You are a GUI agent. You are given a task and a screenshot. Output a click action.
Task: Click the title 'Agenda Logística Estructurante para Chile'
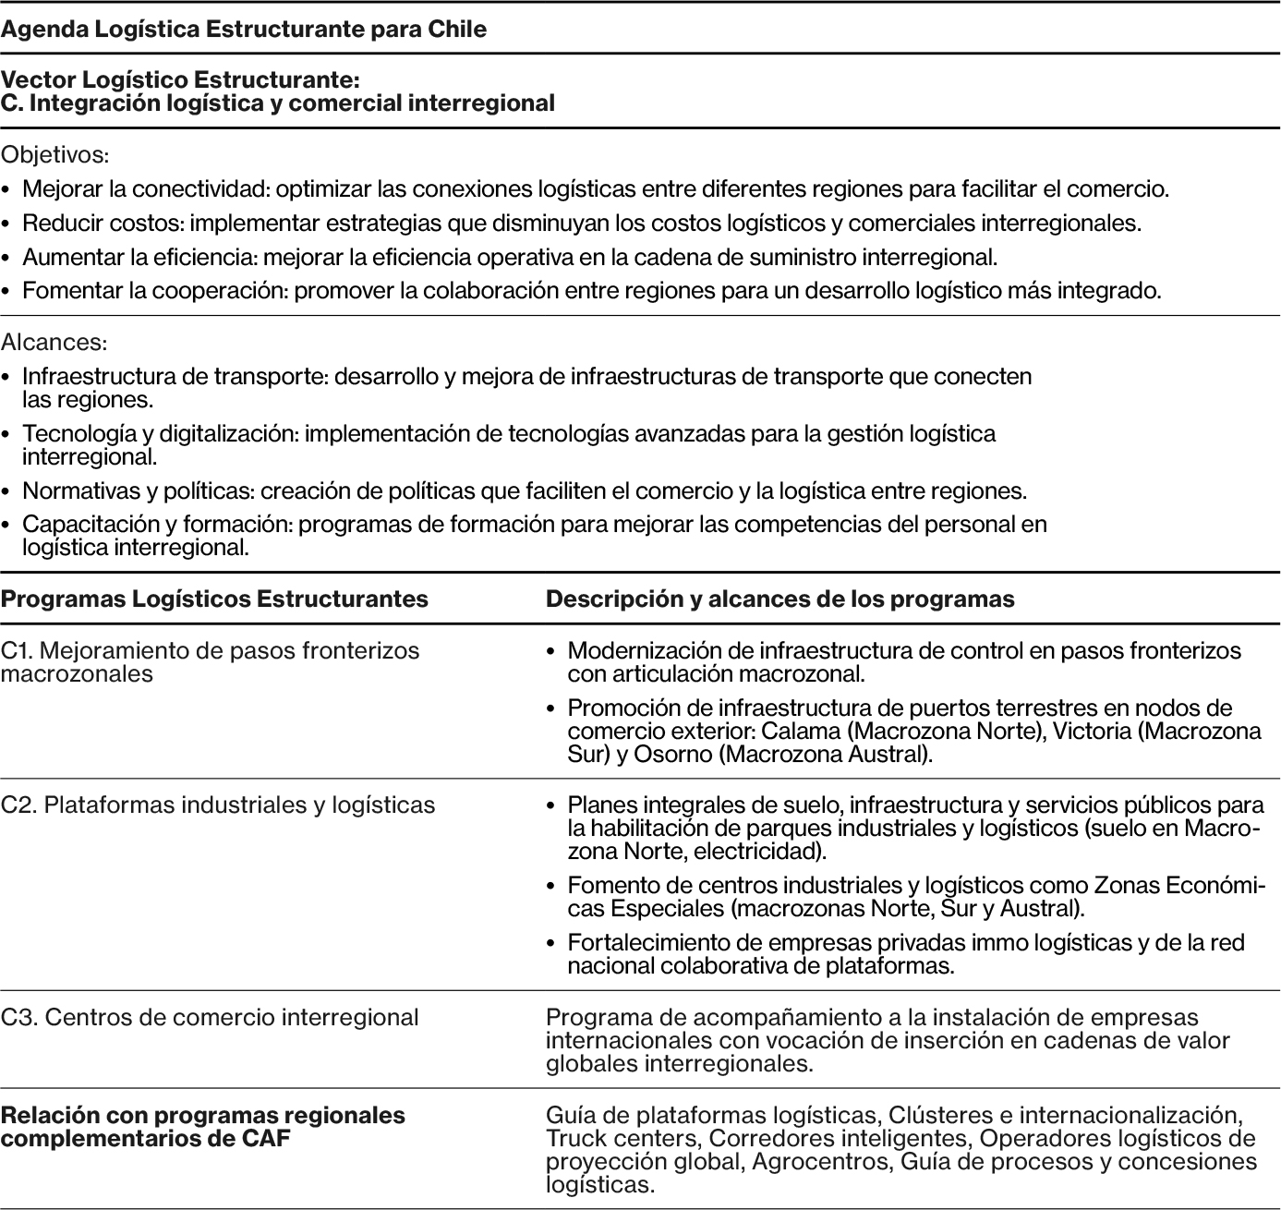pos(244,30)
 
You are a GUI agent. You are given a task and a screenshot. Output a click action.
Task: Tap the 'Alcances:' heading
pos(54,342)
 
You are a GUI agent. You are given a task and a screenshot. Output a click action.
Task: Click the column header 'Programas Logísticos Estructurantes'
pos(214,599)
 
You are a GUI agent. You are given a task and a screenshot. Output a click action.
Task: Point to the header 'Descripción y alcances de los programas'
pos(779,599)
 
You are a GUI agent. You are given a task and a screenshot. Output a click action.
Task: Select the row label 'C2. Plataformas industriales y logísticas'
pos(218,805)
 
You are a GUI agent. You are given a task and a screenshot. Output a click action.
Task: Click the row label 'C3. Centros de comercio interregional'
pos(210,1018)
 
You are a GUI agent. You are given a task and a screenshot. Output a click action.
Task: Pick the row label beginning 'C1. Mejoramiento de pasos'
pos(210,651)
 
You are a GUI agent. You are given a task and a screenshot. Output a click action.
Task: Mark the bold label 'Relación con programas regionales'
pos(203,1116)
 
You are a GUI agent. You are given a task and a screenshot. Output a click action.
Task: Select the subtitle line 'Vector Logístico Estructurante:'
pos(180,80)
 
